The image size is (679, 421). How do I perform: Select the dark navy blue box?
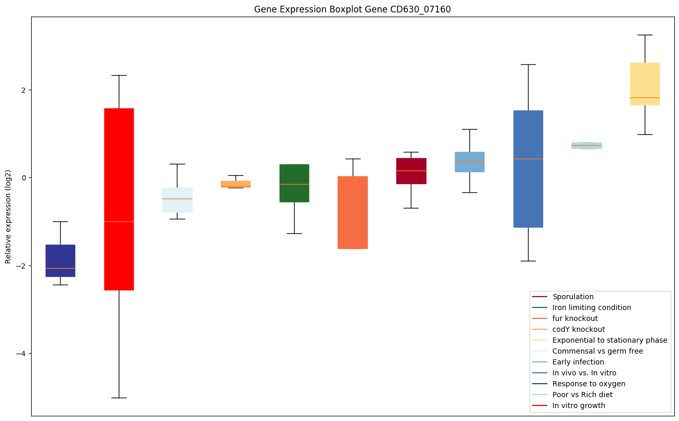[60, 260]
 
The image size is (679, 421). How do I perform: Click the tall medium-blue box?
[528, 169]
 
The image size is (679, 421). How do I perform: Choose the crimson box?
[411, 171]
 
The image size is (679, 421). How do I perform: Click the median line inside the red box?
[119, 221]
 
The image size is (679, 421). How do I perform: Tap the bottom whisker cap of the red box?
[119, 398]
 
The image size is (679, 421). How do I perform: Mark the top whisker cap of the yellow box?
[645, 35]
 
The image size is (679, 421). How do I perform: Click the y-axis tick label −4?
[20, 354]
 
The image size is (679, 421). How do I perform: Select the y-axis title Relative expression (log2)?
[8, 216]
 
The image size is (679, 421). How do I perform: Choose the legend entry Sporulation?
[573, 297]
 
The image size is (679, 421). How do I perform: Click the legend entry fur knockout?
[575, 318]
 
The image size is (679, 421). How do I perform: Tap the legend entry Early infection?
[578, 362]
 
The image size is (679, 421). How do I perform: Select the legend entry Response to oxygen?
[588, 384]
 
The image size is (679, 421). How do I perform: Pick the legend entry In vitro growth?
[578, 405]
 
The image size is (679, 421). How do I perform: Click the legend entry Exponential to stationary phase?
[609, 340]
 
